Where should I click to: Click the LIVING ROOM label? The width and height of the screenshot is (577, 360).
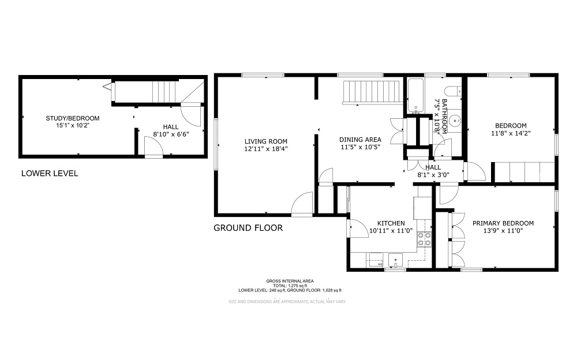click(265, 141)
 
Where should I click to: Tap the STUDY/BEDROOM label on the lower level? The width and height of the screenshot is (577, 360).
click(69, 118)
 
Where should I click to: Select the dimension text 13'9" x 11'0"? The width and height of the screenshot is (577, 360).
click(503, 231)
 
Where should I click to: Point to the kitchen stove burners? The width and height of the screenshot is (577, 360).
click(425, 239)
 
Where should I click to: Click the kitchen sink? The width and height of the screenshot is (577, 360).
click(396, 260)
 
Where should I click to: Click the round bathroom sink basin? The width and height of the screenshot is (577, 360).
click(455, 122)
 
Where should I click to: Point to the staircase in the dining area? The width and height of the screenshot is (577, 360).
click(372, 92)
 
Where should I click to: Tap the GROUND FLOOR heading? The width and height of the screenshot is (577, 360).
click(248, 228)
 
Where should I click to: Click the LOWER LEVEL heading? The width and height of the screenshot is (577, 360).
click(49, 173)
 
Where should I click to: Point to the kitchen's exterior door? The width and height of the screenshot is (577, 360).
click(351, 227)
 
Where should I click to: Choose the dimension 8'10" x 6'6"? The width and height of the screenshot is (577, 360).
click(171, 134)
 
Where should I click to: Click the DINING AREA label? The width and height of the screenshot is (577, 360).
click(360, 140)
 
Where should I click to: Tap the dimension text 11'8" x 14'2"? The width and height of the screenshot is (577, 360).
click(511, 133)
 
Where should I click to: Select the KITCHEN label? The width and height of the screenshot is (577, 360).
click(391, 223)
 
